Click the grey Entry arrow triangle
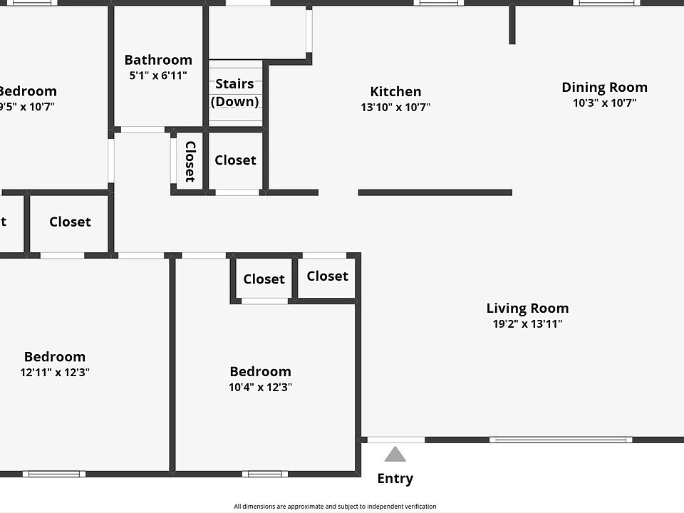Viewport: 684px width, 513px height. (395, 455)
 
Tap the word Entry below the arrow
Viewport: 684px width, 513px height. (395, 479)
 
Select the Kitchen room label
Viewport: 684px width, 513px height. (395, 92)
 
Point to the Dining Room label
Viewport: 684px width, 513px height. (604, 88)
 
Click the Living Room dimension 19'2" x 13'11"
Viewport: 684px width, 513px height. (527, 324)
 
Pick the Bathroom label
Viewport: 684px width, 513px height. (158, 61)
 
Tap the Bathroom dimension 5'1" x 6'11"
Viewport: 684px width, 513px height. (158, 76)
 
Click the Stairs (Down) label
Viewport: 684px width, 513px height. (234, 93)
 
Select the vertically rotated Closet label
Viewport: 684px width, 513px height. (190, 161)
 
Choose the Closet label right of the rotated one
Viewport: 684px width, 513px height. (235, 160)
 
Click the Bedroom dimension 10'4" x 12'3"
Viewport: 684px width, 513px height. (260, 388)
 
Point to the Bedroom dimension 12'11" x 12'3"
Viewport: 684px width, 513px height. (55, 372)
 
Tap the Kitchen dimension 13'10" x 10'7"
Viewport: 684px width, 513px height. (395, 108)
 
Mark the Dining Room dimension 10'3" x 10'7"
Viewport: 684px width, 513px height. (604, 103)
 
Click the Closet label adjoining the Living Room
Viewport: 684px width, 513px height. (328, 276)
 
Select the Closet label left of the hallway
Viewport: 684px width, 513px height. (70, 222)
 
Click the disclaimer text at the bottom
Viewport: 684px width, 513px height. (335, 507)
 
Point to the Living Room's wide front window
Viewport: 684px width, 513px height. (561, 440)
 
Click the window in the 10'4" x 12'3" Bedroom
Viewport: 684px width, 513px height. (265, 474)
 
